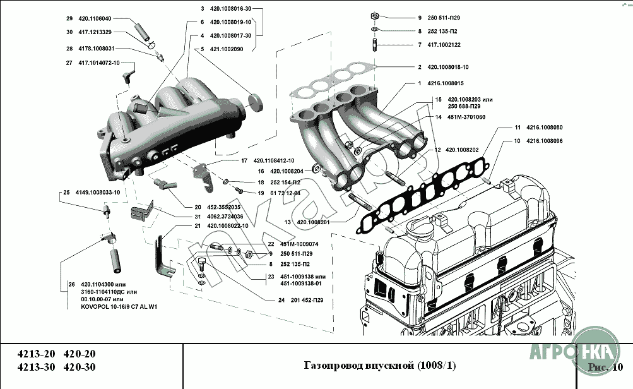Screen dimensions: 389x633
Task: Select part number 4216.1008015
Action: pos(445,83)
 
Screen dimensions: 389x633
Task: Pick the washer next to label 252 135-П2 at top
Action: pos(374,29)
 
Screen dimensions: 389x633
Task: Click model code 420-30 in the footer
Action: pos(81,368)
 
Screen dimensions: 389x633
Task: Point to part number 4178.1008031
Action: pos(96,48)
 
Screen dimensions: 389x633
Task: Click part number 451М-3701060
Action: pos(463,117)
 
